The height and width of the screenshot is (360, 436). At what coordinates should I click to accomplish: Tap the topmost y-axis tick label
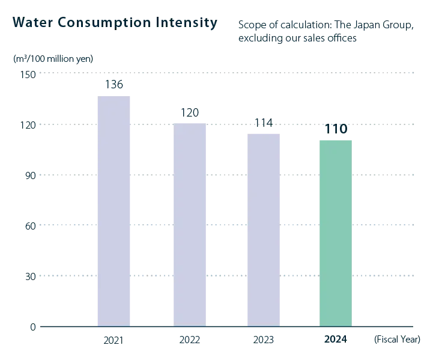click(30, 75)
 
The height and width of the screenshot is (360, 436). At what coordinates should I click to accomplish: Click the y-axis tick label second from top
click(30, 126)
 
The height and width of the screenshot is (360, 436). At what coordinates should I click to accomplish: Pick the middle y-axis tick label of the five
click(30, 176)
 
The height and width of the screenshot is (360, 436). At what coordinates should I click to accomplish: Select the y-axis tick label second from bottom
click(30, 226)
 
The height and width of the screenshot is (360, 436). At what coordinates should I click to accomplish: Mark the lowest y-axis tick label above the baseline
click(30, 276)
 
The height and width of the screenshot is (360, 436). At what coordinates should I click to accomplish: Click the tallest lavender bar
click(115, 210)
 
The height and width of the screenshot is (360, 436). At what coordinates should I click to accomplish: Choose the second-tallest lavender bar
click(190, 222)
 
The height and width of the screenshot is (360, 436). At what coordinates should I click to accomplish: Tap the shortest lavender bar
click(264, 227)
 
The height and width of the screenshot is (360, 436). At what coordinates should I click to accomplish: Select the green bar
click(336, 232)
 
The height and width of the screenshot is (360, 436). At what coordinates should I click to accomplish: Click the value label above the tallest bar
click(115, 84)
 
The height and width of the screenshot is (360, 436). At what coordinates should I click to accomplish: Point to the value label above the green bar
click(336, 129)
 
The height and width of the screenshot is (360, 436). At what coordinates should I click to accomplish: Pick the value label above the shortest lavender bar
click(264, 124)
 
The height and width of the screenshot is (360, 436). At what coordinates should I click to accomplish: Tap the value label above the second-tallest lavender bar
click(189, 112)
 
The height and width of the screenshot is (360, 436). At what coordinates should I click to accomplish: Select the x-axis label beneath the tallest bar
click(113, 341)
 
